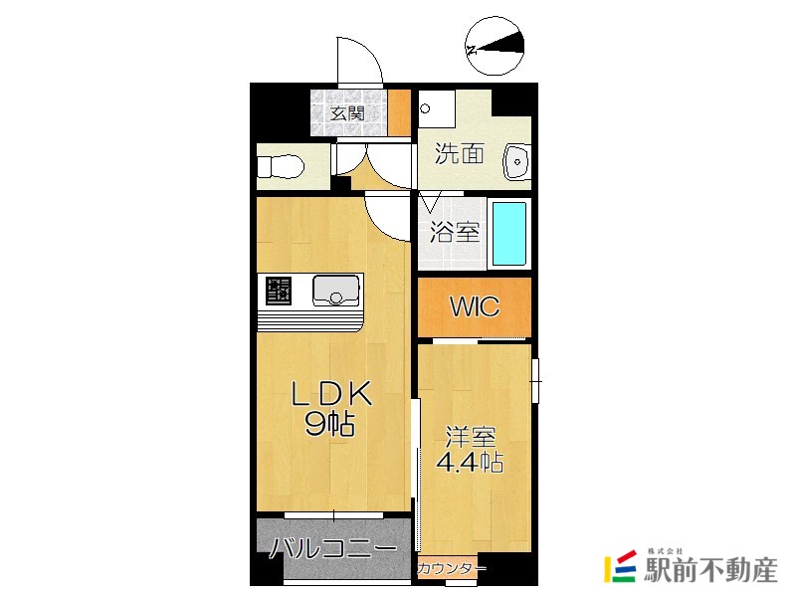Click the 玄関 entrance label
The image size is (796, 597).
[x=347, y=112]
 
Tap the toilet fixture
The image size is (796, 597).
[x=281, y=166]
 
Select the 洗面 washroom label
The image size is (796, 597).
[x=460, y=153]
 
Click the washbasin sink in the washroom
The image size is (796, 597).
[x=516, y=162]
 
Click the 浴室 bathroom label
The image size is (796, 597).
[x=455, y=232]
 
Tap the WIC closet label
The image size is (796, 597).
[x=475, y=306]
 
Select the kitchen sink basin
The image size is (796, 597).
[x=336, y=290]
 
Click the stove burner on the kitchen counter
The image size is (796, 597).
[x=280, y=291]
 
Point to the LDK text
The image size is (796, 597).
[x=332, y=393]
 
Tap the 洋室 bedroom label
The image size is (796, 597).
[x=471, y=437]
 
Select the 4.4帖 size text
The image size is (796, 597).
[x=470, y=462]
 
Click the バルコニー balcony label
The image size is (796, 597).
[x=333, y=548]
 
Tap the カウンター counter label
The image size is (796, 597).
[x=452, y=568]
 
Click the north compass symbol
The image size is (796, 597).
[x=495, y=46]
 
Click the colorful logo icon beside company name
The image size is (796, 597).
[x=620, y=566]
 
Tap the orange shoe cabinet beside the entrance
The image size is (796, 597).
[x=400, y=112]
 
